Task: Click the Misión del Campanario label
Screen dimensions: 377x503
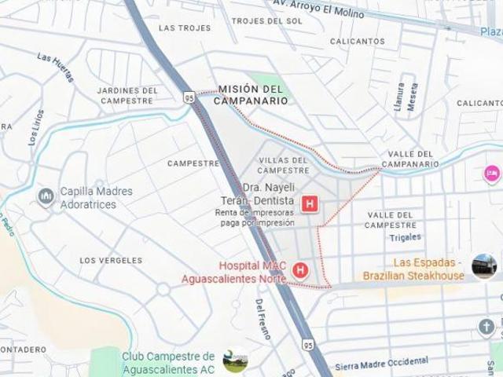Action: (250, 95)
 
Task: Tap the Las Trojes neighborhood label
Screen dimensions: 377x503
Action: (185, 27)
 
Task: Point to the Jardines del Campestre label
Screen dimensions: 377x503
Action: (125, 95)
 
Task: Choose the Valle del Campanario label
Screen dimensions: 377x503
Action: (409, 158)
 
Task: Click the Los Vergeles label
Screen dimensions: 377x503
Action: (111, 260)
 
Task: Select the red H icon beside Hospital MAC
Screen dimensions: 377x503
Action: (299, 272)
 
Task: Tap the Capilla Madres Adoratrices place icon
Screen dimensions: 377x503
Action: (46, 194)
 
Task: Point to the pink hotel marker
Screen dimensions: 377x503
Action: (493, 170)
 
